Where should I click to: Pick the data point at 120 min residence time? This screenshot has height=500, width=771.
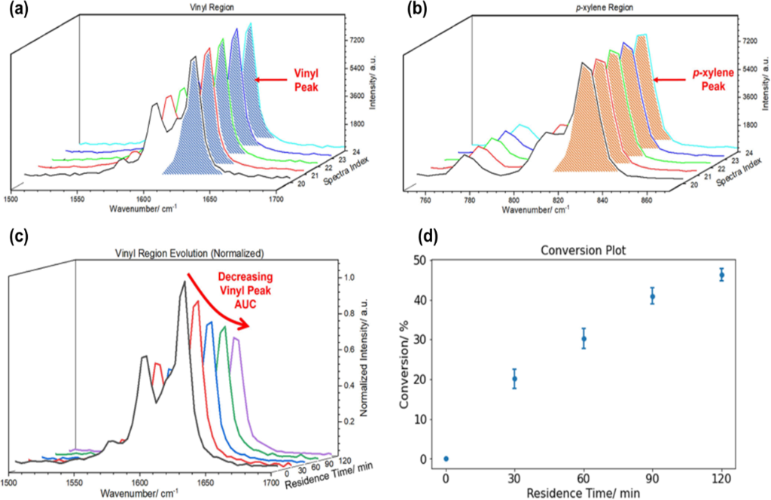pos(721,275)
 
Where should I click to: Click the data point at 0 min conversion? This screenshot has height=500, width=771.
pos(446,459)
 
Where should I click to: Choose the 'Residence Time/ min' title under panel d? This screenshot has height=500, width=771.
pos(584,492)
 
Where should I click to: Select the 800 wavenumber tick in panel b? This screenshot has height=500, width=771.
pos(513,202)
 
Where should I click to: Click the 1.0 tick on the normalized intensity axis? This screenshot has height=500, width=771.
pos(348,277)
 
